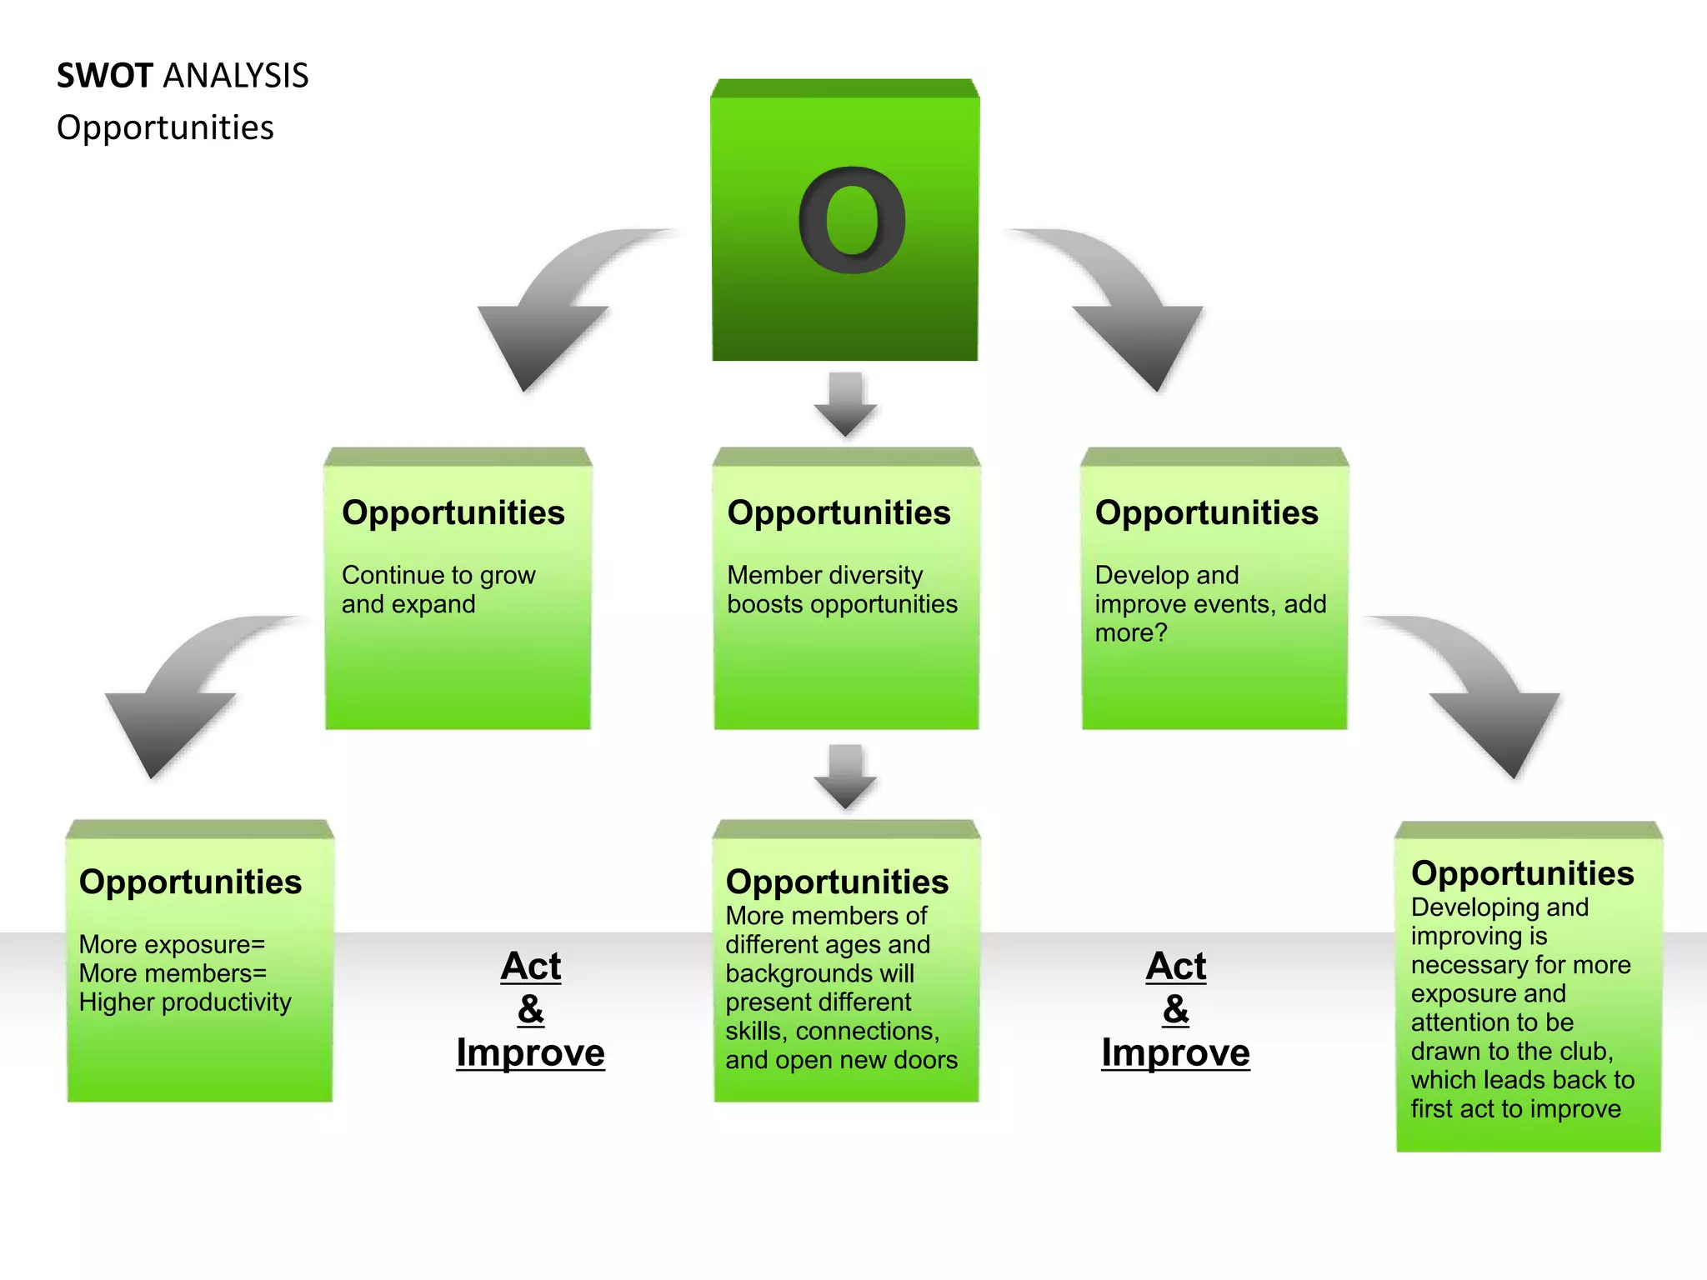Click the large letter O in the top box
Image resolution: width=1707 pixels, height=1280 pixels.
click(x=851, y=220)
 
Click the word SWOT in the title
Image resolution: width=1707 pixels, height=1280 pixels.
click(x=104, y=76)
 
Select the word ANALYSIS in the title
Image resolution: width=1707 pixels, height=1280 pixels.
click(x=236, y=76)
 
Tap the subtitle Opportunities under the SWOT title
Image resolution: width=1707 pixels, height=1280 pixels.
click(x=165, y=127)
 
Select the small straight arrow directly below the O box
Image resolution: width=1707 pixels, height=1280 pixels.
click(x=845, y=404)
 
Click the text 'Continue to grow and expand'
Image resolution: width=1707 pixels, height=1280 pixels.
click(x=438, y=589)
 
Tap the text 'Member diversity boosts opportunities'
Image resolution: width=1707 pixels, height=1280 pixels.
click(x=842, y=589)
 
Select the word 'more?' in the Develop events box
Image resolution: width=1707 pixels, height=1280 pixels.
click(x=1130, y=633)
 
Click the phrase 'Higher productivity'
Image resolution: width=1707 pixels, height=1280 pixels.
click(x=185, y=1002)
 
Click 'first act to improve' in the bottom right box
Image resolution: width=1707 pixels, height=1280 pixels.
click(x=1515, y=1109)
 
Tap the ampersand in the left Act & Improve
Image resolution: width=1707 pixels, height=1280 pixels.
click(x=531, y=1010)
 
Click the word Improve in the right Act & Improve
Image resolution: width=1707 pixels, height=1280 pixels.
click(x=1175, y=1052)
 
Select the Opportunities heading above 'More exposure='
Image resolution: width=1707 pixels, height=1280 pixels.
click(x=190, y=882)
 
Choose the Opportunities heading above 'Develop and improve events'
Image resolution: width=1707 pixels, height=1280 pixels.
click(x=1206, y=512)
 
